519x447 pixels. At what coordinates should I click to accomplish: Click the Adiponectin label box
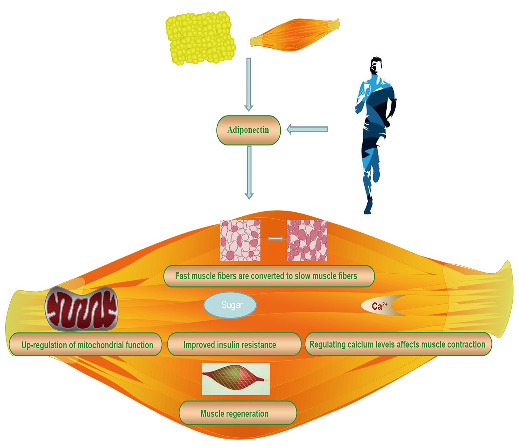[248, 130]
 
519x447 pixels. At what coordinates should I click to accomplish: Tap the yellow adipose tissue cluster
[200, 38]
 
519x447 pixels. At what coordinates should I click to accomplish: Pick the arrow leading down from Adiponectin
[249, 172]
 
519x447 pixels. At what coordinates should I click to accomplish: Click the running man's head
[375, 66]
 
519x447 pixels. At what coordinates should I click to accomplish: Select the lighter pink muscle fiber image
[240, 240]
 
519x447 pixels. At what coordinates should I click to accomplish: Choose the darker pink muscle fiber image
[307, 240]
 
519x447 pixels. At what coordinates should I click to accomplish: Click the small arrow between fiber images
[275, 239]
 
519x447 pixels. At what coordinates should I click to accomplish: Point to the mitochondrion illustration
[81, 308]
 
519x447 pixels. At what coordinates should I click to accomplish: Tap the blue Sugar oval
[230, 305]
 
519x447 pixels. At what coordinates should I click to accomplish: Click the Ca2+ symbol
[379, 305]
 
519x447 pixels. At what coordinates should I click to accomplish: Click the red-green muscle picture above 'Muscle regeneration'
[236, 379]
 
